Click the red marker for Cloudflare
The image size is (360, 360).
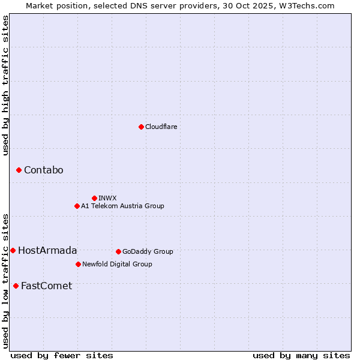click(141, 127)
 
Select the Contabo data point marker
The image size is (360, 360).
click(19, 170)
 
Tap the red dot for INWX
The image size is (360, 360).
click(94, 198)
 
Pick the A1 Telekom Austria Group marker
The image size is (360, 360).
click(77, 206)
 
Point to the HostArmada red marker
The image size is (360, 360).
click(13, 250)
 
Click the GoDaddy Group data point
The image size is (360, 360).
click(118, 251)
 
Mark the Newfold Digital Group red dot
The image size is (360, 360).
click(78, 264)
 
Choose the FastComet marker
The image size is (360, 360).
click(16, 286)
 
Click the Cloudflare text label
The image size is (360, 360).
click(161, 127)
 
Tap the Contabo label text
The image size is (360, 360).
click(43, 170)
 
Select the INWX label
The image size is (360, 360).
click(107, 198)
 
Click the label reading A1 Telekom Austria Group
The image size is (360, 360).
click(122, 206)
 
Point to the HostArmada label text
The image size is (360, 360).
click(47, 250)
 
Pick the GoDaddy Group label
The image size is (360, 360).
click(148, 251)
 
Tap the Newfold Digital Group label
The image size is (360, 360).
click(117, 264)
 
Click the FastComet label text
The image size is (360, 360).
click(46, 286)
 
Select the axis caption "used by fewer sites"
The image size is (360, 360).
click(62, 355)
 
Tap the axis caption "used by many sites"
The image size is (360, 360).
click(301, 355)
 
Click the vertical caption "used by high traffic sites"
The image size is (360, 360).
click(5, 85)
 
